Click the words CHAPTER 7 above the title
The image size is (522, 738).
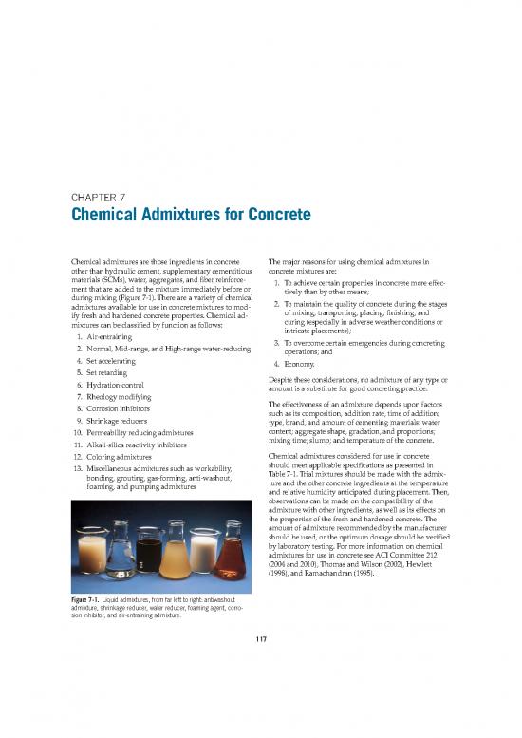click(x=98, y=198)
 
